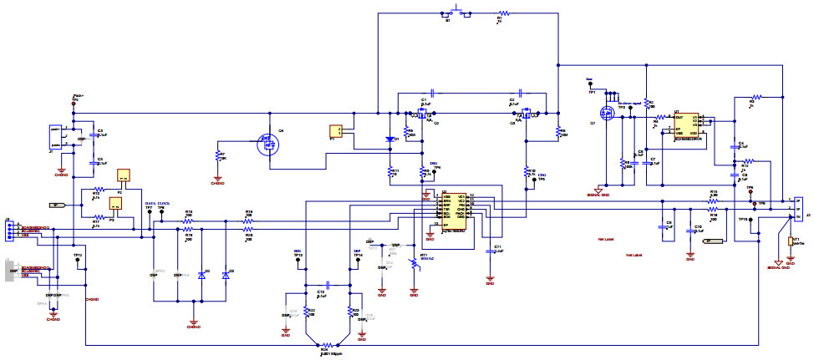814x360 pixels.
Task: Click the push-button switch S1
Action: (x=457, y=13)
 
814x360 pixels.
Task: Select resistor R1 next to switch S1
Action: (x=501, y=13)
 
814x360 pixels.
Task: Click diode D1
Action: (x=389, y=139)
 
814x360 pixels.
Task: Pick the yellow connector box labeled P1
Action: (x=336, y=131)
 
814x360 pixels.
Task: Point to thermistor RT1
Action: (x=413, y=263)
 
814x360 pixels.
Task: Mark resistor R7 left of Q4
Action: (x=218, y=156)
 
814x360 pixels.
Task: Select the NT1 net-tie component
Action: (x=790, y=241)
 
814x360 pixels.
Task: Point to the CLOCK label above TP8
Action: (x=164, y=204)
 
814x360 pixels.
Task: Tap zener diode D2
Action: (x=201, y=275)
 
